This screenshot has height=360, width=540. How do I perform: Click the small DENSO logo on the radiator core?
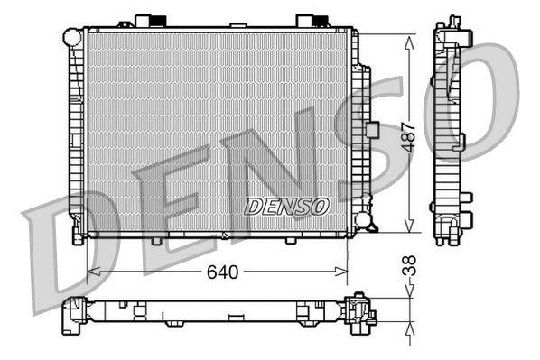286,207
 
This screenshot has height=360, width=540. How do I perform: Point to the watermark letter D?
72,244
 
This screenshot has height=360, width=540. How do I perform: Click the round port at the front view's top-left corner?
72,37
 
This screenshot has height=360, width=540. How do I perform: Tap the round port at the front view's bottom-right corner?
363,219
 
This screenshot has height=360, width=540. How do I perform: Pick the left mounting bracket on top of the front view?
146,20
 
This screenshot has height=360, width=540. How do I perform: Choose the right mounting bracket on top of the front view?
308,20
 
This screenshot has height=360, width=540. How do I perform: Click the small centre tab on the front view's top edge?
237,24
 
